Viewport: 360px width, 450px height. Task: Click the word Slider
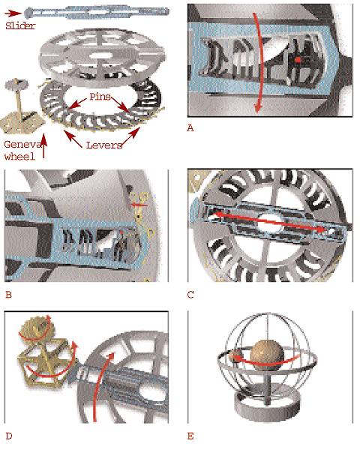[x=20, y=25]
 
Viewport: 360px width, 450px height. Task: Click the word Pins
[x=100, y=97]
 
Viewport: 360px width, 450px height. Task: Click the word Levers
[x=104, y=145]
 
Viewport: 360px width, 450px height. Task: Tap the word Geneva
[x=22, y=144]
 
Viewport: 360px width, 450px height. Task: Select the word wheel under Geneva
[x=19, y=157]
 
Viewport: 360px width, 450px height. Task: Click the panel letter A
[x=190, y=128]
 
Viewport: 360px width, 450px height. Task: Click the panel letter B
[x=8, y=295]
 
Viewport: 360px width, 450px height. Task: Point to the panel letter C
[x=190, y=295]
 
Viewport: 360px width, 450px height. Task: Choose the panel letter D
[x=9, y=436]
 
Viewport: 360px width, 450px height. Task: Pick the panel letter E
[x=190, y=436]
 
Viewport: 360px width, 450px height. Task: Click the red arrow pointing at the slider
[x=13, y=13]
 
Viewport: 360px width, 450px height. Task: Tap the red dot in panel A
[x=298, y=60]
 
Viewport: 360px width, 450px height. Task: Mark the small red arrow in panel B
[x=139, y=205]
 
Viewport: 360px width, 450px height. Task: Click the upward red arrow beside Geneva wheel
[x=43, y=146]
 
